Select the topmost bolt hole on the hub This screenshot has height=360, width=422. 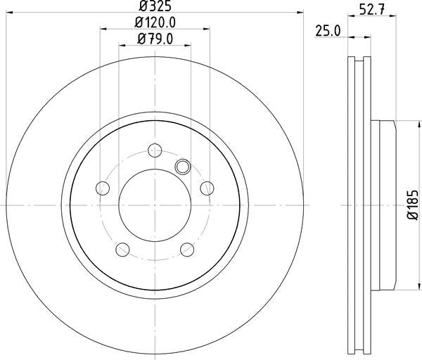click(155, 150)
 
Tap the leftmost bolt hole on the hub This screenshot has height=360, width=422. click(103, 188)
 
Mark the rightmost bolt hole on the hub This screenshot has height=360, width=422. click(207, 188)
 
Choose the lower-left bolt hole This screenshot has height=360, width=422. click(122, 249)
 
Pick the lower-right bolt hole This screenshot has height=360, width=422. click(187, 249)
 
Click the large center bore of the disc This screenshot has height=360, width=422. click(155, 205)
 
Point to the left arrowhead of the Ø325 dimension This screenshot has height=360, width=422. click(8, 13)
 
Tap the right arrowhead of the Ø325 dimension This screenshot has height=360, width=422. click(300, 13)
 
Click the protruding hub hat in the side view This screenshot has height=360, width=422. click(385, 205)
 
